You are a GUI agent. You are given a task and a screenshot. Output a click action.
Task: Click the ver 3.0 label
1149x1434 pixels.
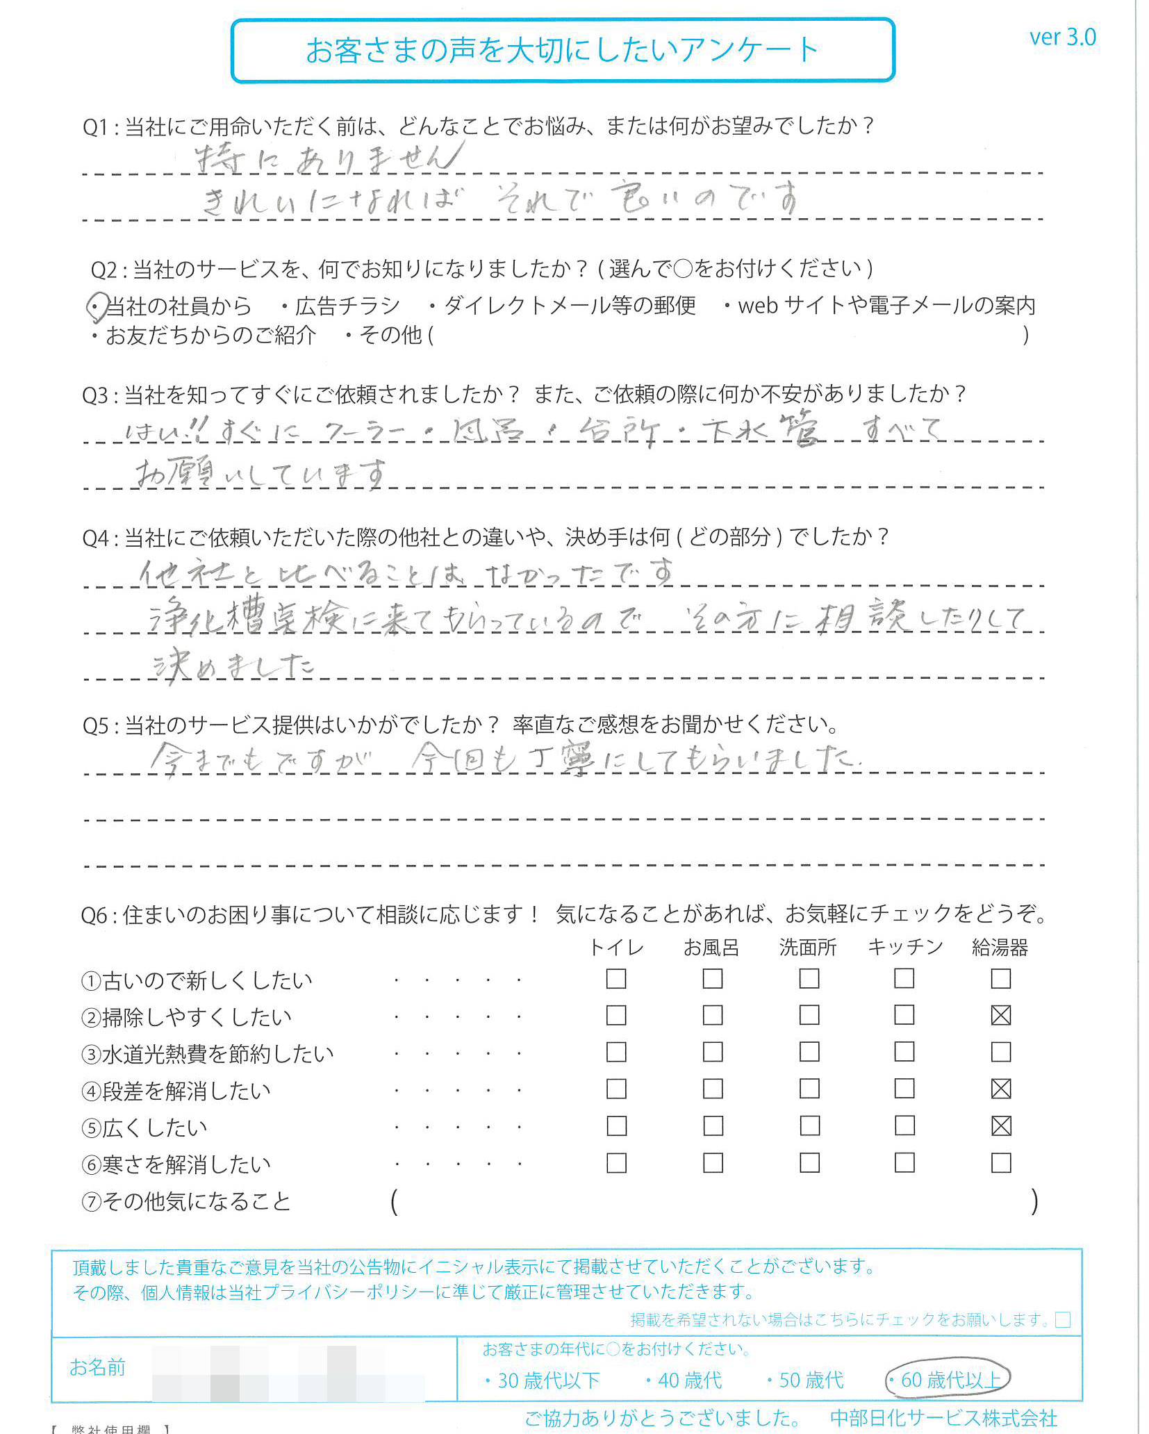click(1061, 37)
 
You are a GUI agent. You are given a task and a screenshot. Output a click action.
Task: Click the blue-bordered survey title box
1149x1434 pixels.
click(562, 50)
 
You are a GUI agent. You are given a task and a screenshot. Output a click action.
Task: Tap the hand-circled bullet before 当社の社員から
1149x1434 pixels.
click(97, 306)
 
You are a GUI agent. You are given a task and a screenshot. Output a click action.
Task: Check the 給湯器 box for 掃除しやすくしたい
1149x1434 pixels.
click(1000, 1015)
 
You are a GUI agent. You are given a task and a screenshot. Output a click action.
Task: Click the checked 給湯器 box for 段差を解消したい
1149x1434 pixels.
click(1000, 1089)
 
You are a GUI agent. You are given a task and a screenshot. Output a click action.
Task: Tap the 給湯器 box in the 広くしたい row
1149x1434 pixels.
click(1000, 1126)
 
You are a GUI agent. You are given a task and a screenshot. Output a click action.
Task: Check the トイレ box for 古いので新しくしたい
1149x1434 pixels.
click(615, 978)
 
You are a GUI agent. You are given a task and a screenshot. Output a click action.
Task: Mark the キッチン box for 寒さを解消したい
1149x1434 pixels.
click(904, 1162)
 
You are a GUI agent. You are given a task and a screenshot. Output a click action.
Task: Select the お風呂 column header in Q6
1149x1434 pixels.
click(711, 947)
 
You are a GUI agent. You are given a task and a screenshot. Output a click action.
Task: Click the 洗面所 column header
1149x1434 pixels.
click(807, 947)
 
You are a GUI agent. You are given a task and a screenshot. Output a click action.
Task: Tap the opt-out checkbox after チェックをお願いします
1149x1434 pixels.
click(1062, 1319)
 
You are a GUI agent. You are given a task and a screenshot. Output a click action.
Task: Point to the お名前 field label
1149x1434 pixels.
click(97, 1367)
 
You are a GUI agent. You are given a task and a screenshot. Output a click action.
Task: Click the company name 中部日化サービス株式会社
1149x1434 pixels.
click(943, 1417)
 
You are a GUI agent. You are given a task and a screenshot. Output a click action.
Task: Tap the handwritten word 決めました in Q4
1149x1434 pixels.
click(233, 666)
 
